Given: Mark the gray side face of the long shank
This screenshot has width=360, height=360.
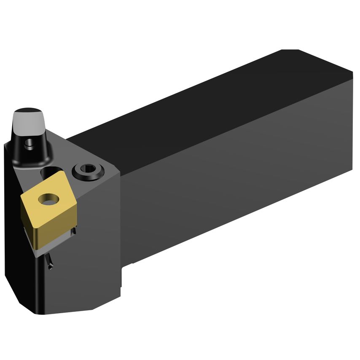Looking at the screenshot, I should click(236, 177).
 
